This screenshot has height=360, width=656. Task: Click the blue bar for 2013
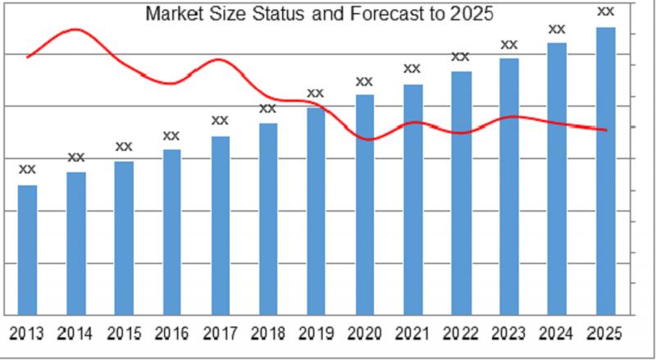click(x=27, y=249)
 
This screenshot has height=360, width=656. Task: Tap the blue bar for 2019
click(x=316, y=211)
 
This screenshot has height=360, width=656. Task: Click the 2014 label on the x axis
click(x=75, y=334)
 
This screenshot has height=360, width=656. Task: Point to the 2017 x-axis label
click(x=220, y=334)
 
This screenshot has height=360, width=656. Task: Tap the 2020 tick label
click(x=364, y=334)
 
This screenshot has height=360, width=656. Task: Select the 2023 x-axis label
click(x=508, y=334)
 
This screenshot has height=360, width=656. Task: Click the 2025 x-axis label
click(x=605, y=334)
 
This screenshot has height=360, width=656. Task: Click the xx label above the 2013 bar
click(x=27, y=169)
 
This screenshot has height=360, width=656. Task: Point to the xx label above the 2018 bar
click(x=268, y=108)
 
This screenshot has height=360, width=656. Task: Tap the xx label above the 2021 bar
click(x=412, y=69)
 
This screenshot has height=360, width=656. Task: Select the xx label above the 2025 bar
click(x=605, y=11)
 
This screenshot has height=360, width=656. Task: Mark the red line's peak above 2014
click(x=75, y=30)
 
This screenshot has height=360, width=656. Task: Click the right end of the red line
click(x=605, y=130)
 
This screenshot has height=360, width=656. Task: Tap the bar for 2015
click(x=124, y=238)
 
